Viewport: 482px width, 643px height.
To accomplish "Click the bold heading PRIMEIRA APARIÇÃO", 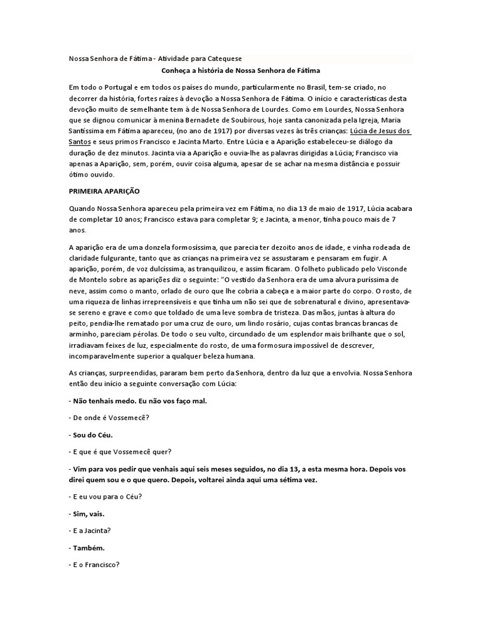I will pos(104,189).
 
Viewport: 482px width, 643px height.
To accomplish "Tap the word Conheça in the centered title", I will pos(176,71).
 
